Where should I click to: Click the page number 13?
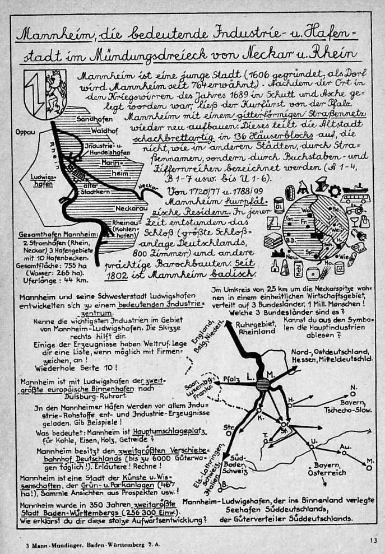[x=373, y=540]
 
